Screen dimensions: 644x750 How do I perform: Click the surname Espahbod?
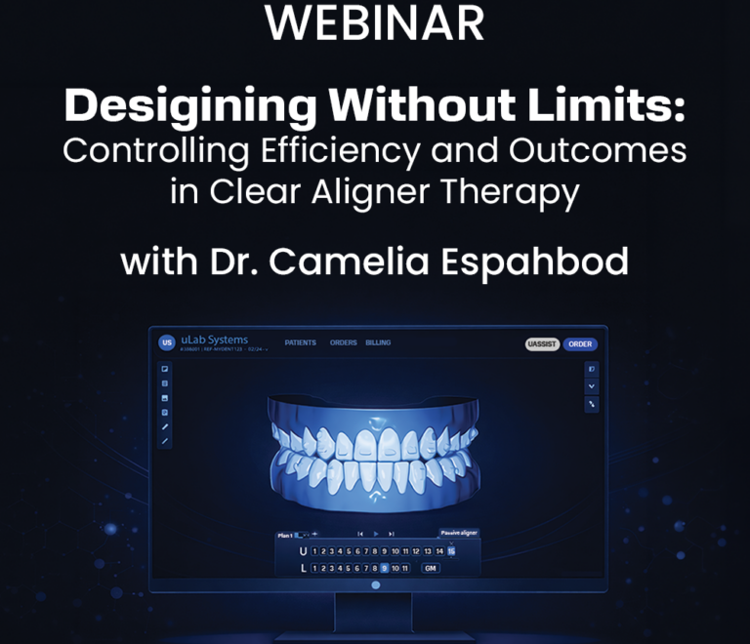(541, 262)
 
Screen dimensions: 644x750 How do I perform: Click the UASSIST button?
(542, 343)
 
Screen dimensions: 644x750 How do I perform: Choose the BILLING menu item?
(379, 343)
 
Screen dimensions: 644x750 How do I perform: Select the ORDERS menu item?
(343, 343)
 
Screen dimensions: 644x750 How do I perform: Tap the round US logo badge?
(167, 342)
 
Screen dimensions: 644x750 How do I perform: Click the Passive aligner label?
(458, 534)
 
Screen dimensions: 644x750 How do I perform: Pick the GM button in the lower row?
(430, 567)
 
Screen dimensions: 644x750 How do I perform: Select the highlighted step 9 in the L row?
(385, 567)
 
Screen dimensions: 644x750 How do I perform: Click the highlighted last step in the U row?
(451, 551)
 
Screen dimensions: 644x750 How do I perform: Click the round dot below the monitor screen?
(376, 585)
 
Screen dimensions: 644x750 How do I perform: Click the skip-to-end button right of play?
(391, 534)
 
